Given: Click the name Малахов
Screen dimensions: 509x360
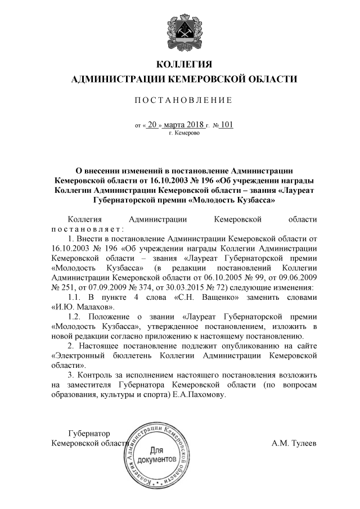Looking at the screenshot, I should click(x=91, y=307).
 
